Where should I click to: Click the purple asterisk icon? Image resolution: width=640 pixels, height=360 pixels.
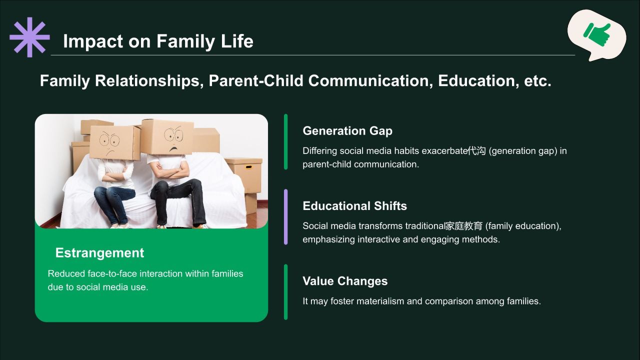[x=29, y=37]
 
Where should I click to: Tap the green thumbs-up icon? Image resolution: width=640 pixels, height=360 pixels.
[x=597, y=34]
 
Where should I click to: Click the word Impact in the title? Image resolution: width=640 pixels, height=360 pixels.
[x=92, y=41]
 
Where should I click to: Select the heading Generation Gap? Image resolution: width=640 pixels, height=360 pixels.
[x=347, y=131]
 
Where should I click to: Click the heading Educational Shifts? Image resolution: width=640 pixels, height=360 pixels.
[x=354, y=206]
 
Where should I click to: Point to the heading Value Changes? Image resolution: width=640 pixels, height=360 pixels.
[x=345, y=281]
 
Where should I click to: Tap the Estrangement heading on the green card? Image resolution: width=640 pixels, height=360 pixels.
[x=99, y=253]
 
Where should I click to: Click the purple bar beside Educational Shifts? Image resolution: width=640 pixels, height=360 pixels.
[x=285, y=217]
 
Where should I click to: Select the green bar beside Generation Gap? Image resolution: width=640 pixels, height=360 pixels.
[x=285, y=141]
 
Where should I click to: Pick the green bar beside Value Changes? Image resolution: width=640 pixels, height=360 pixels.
[x=285, y=292]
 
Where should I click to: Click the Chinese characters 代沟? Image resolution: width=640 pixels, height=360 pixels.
[x=476, y=151]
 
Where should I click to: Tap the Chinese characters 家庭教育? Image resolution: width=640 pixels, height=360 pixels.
[x=463, y=226]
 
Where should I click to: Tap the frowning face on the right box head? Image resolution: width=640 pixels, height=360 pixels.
[x=173, y=139]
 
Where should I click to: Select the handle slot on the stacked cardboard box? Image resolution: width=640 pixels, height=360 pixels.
[x=248, y=167]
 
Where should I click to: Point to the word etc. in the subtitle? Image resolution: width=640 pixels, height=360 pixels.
[x=537, y=81]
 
